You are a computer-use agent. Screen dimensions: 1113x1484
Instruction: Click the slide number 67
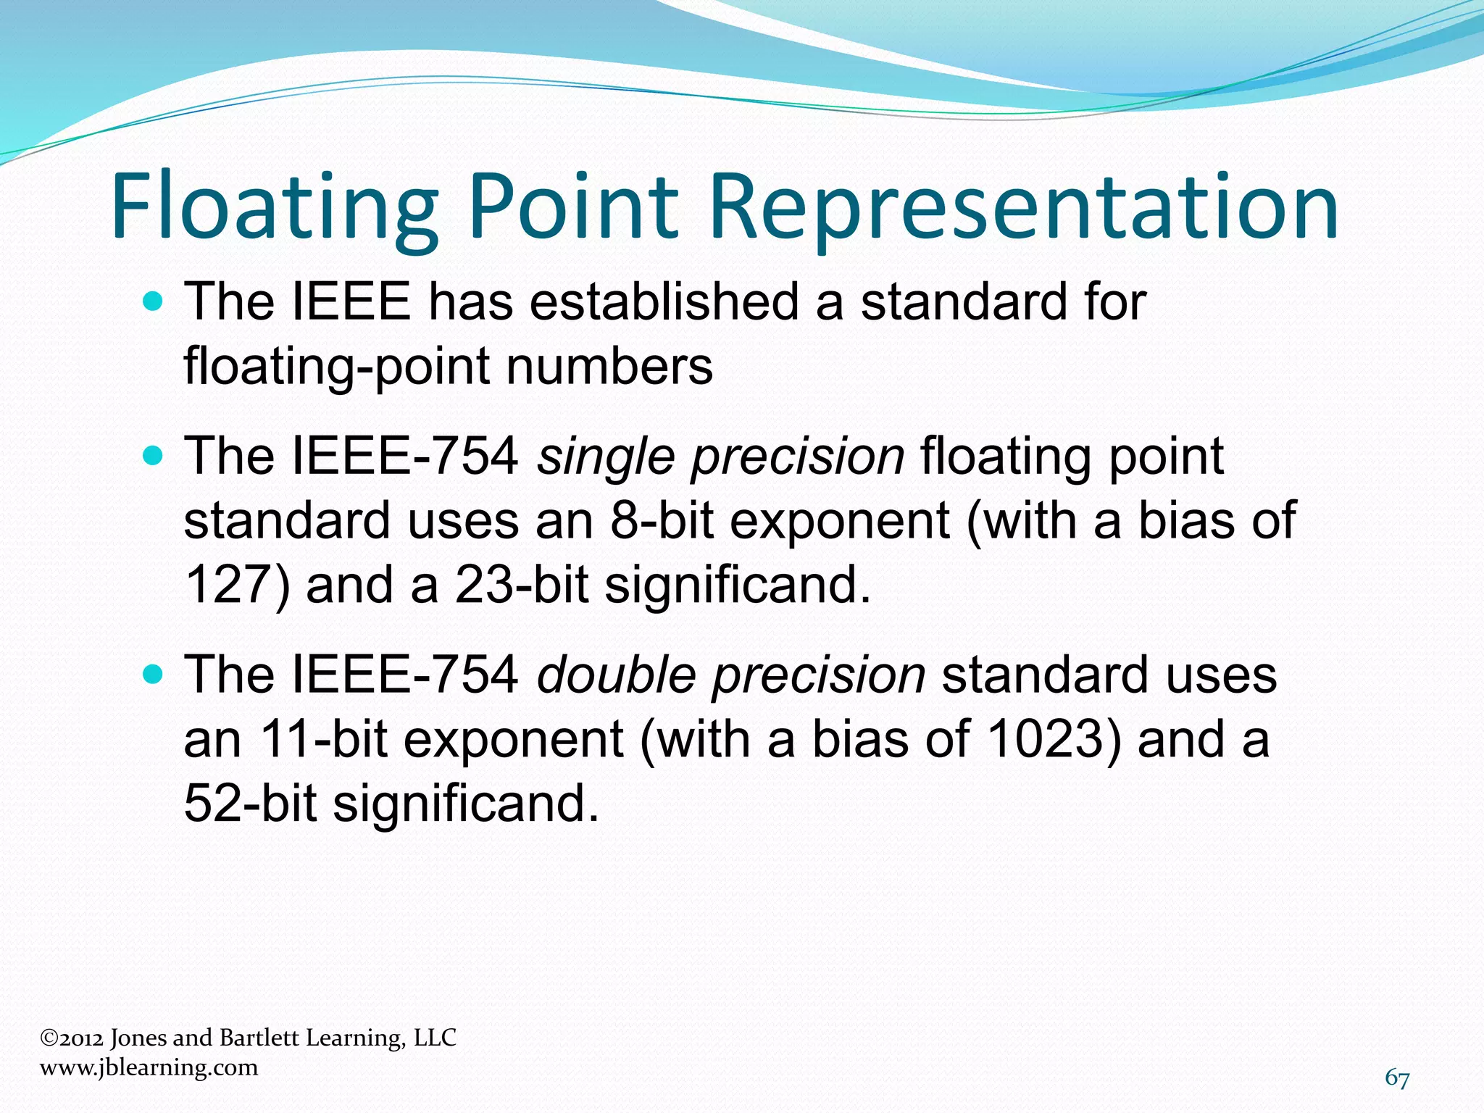[1397, 1078]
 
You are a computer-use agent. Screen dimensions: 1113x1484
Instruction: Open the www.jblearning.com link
[149, 1067]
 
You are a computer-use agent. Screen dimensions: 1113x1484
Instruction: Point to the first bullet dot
[153, 301]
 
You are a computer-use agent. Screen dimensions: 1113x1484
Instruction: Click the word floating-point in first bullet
[336, 366]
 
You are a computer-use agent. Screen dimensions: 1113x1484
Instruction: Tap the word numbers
[609, 366]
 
